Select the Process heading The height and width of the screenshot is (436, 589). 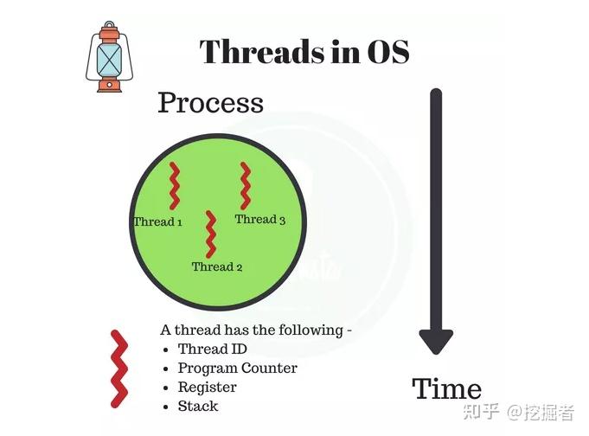coord(210,103)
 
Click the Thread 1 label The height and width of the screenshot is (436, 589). coord(157,222)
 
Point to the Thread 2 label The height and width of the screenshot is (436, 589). coord(217,266)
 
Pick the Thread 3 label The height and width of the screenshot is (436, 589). coord(260,220)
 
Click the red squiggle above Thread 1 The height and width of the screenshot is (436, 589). coord(175,185)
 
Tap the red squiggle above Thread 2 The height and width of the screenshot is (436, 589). coord(209,234)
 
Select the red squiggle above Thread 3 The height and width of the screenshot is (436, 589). coord(246,185)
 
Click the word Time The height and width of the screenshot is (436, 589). coord(446,388)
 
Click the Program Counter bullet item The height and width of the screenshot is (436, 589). coord(237,369)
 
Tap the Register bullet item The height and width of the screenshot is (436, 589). coord(207,388)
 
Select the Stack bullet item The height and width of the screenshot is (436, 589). coord(198,406)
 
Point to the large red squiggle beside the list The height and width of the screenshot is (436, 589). coord(118,369)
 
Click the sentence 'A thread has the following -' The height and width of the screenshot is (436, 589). coord(256,330)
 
